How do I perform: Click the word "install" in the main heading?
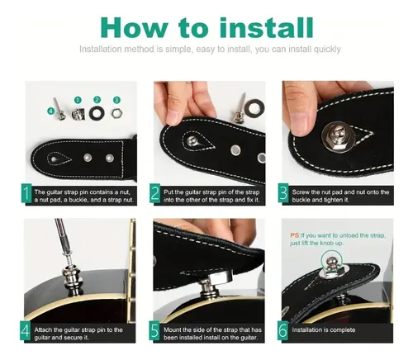[x=267, y=27]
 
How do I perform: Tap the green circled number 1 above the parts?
[x=78, y=100]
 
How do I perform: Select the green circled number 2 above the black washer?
[x=97, y=100]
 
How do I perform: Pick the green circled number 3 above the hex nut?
[x=116, y=100]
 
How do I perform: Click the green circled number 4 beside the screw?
[x=50, y=111]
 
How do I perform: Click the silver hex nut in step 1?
[x=116, y=113]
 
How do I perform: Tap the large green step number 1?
[x=26, y=193]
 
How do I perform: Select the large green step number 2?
[x=155, y=193]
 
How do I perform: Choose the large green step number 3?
[x=283, y=193]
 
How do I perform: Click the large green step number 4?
[x=26, y=331]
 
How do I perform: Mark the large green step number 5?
[x=154, y=331]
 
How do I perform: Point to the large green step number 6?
[x=282, y=331]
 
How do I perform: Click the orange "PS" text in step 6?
[x=295, y=235]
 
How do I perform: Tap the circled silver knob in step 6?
[x=331, y=263]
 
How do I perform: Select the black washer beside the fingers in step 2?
[x=254, y=108]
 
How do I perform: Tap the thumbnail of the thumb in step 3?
[x=301, y=122]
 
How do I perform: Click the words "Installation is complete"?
[x=324, y=329]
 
